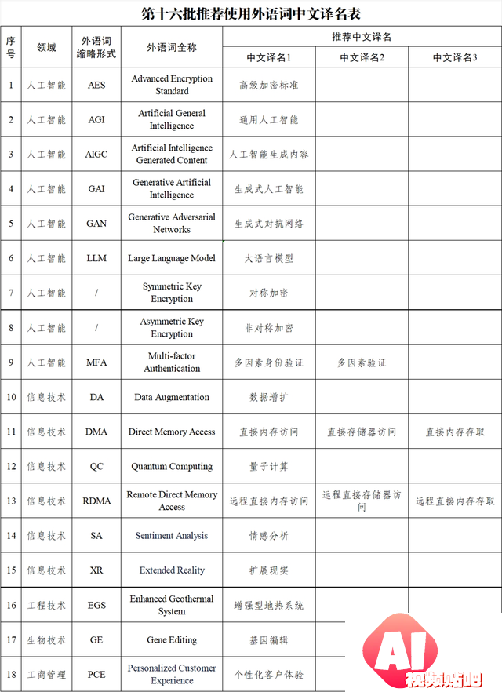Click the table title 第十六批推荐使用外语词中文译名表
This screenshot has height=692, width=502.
pos(251,13)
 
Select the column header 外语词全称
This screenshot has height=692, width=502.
pos(172,47)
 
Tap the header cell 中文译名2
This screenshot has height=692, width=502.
pos(362,57)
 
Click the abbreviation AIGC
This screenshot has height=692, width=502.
pos(96,155)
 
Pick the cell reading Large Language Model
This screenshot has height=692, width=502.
pos(172,258)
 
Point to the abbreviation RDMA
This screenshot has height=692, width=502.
pos(96,501)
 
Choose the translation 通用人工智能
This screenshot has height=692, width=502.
pos(269,120)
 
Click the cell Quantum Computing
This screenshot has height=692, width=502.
pos(172,466)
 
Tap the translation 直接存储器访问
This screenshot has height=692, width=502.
pos(362,432)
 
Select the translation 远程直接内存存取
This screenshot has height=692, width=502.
pos(455,501)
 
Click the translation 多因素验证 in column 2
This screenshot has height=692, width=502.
pos(362,362)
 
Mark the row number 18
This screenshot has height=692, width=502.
pos(11,674)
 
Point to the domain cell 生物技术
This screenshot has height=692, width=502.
pos(46,639)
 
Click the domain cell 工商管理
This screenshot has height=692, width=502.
pos(46,674)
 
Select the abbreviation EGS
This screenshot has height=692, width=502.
pos(96,605)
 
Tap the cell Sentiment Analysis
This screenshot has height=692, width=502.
pos(172,536)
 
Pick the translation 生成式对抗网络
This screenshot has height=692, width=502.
pos(269,224)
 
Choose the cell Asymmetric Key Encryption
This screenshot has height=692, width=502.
pos(172,327)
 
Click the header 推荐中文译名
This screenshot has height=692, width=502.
pos(362,37)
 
